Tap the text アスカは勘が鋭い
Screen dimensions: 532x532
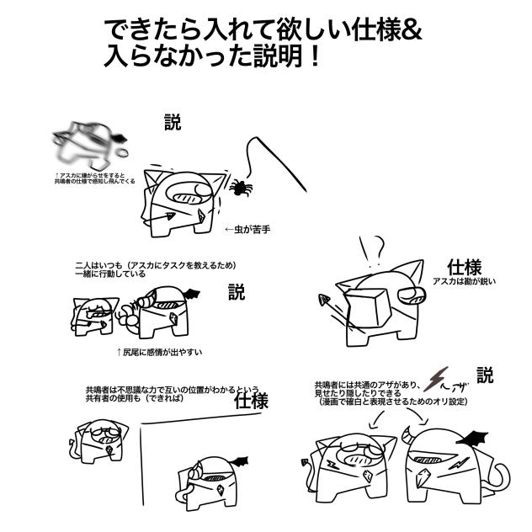point(464,282)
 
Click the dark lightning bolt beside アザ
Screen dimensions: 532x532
point(436,379)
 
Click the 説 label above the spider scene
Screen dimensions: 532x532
point(172,123)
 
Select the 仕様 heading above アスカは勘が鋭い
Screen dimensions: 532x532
point(465,266)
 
